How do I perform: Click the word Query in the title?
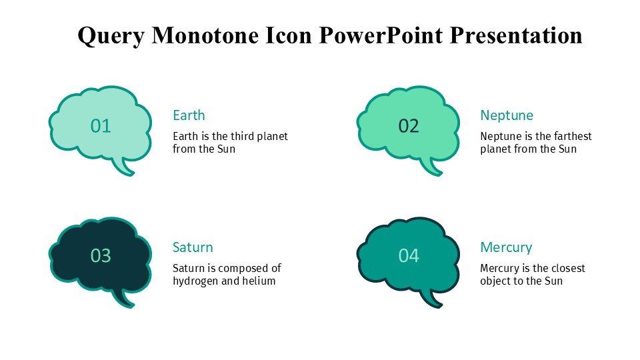111,36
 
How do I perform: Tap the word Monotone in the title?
205,35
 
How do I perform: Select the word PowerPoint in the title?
381,35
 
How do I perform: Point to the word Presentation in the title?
516,35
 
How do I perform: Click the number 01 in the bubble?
101,126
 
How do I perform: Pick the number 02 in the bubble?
409,126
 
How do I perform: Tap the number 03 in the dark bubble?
101,256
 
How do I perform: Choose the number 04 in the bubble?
409,256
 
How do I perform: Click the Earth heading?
189,115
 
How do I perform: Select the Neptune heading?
507,115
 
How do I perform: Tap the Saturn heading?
193,247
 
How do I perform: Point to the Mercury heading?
506,248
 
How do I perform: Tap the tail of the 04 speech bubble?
431,299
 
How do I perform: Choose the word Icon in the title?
289,35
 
